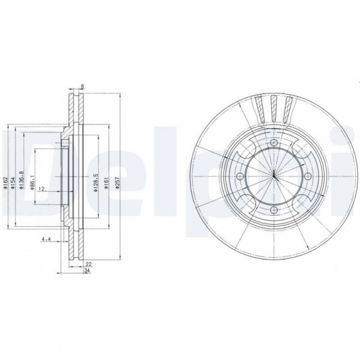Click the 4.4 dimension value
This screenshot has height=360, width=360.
point(45,240)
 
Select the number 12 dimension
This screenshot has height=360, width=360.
point(41,189)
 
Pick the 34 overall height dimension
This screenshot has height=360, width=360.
point(87,271)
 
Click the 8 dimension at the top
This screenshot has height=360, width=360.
point(82,87)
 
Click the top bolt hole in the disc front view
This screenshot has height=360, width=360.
point(274,143)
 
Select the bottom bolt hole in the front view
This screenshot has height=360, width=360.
point(274,210)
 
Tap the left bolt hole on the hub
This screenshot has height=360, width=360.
point(240,176)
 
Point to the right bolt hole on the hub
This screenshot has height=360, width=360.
point(307,176)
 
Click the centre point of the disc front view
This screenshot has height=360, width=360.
point(274,176)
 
